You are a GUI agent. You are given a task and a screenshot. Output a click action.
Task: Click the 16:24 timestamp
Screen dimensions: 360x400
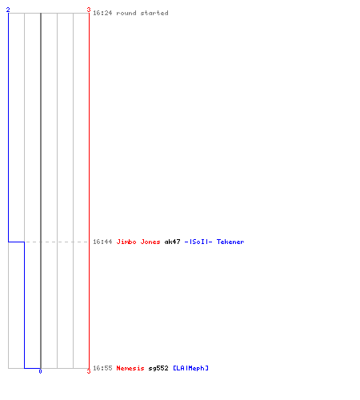(x=102, y=13)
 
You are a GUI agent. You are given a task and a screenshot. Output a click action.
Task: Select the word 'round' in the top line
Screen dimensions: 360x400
(x=126, y=13)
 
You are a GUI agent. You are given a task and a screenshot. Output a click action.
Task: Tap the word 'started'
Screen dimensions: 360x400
(x=154, y=13)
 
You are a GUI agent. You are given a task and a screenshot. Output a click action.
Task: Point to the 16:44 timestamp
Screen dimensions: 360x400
(x=102, y=242)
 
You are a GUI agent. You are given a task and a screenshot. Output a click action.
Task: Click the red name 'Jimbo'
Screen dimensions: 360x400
(x=126, y=242)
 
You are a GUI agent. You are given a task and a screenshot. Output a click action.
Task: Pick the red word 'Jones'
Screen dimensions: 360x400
(x=150, y=242)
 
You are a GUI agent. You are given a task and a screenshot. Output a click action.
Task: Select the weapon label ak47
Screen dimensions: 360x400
(x=172, y=242)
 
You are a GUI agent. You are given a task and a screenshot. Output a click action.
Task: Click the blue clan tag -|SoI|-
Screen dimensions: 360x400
(x=198, y=242)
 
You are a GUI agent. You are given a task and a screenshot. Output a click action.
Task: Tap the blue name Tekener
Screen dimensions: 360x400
(x=230, y=242)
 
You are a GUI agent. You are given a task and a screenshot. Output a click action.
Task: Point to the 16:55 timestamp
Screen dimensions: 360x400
(x=102, y=368)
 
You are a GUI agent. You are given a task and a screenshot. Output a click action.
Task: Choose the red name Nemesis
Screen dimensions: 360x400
(x=130, y=368)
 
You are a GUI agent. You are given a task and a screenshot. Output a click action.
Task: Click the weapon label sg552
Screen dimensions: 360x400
(x=158, y=368)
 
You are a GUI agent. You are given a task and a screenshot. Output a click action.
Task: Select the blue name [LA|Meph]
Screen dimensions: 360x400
(x=190, y=368)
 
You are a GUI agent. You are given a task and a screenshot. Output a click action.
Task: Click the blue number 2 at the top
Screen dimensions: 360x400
(x=8, y=10)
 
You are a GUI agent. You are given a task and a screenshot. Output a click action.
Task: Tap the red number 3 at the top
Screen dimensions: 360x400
(x=89, y=10)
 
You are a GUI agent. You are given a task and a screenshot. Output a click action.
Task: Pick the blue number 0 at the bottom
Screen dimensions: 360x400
(x=40, y=371)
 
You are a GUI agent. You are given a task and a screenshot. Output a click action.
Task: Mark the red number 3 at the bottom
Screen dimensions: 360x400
(x=89, y=371)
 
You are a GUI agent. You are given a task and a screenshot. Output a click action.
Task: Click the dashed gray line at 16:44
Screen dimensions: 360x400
(x=57, y=242)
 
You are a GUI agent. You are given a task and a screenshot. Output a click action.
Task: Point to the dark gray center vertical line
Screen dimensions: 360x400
(x=41, y=190)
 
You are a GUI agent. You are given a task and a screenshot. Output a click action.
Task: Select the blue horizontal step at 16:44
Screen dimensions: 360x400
(x=17, y=242)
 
